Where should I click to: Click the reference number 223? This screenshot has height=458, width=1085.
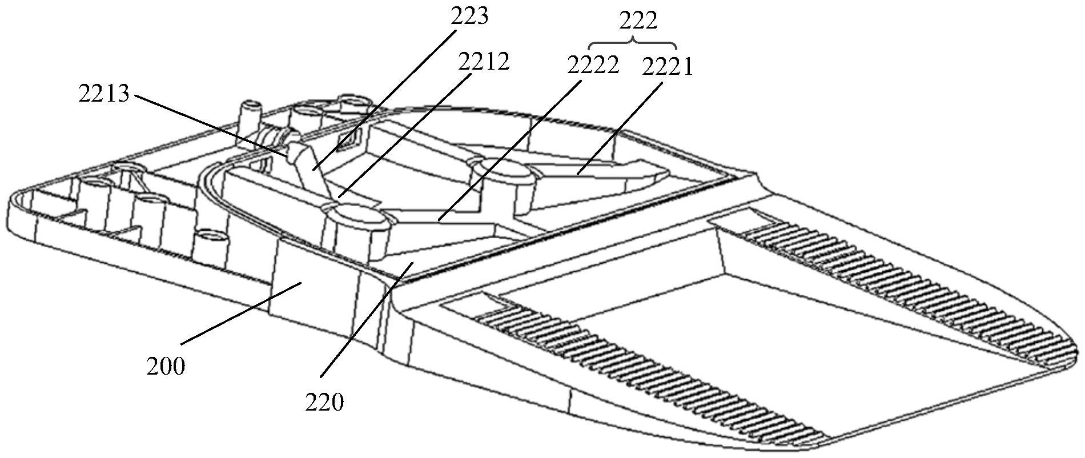[469, 17]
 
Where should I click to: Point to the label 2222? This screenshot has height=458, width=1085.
[593, 66]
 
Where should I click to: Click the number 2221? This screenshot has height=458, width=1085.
[666, 68]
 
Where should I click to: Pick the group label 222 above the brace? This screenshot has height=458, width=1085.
[638, 21]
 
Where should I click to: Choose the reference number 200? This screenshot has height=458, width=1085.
[166, 366]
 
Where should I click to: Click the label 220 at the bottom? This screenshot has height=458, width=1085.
[324, 403]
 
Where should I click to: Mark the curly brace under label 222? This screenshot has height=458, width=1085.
[633, 43]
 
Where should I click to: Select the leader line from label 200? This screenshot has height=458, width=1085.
[240, 314]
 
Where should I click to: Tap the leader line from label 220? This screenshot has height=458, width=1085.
[365, 320]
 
